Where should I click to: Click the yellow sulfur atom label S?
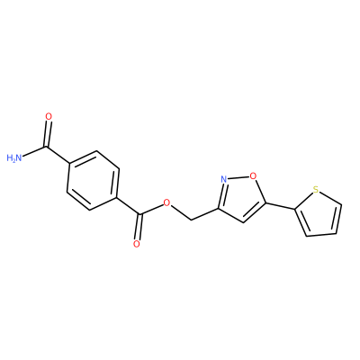[315, 190]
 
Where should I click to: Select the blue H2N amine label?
[14, 157]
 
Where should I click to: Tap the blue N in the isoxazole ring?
[223, 179]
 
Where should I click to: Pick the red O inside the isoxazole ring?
[254, 175]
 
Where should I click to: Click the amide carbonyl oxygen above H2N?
[49, 116]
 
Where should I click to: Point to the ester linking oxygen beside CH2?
[166, 203]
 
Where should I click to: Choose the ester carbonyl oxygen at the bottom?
[137, 244]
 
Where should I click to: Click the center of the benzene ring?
[93, 180]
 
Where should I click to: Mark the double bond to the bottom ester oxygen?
[138, 227]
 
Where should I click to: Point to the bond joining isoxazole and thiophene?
[280, 206]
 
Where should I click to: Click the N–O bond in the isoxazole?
[238, 177]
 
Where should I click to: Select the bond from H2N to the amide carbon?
[34, 151]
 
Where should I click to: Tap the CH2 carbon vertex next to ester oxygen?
[191, 220]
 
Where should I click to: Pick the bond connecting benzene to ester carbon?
[128, 205]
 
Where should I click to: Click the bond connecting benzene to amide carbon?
[58, 155]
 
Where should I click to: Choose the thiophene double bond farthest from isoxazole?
[337, 220]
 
